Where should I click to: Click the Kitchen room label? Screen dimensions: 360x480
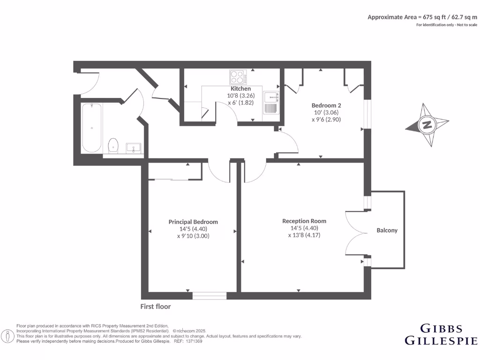[x=240, y=89]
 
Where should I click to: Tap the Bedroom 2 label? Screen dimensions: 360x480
[x=326, y=105]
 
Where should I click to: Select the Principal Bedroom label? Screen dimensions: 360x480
[x=193, y=222]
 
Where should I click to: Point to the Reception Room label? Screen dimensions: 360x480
[x=304, y=221]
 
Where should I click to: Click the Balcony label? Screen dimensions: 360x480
[x=387, y=230]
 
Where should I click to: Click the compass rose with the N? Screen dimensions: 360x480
[x=427, y=125]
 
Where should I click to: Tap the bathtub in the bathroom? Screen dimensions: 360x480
[x=92, y=127]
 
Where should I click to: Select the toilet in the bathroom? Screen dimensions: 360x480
[x=112, y=146]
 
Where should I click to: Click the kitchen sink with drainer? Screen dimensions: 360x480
[x=271, y=103]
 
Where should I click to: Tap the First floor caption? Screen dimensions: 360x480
[x=156, y=307]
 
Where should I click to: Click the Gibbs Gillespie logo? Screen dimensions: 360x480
[x=441, y=334]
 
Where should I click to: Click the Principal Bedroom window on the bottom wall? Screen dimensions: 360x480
[x=210, y=295]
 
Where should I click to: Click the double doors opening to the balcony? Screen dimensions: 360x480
[x=355, y=233]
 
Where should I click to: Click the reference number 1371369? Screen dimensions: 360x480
[x=194, y=341]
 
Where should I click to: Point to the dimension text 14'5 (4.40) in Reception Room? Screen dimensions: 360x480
[x=304, y=228]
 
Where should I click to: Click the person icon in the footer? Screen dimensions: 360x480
[x=7, y=336]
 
